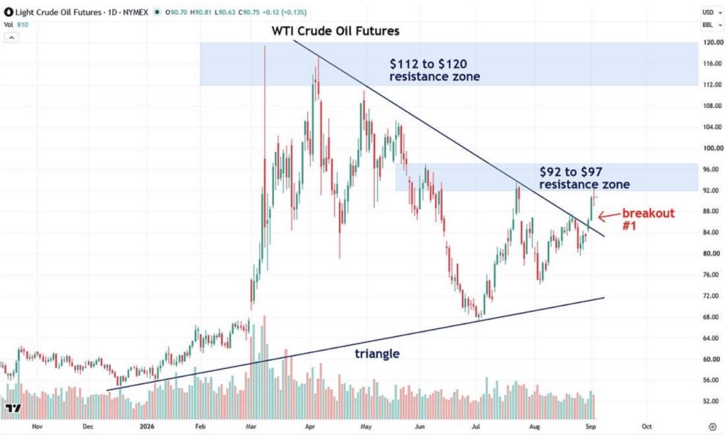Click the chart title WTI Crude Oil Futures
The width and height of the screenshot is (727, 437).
coord(335,31)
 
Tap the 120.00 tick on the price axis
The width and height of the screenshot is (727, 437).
coord(713,42)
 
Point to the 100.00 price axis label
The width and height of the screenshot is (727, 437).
coord(713,148)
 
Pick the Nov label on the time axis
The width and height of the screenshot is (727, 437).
coord(37,426)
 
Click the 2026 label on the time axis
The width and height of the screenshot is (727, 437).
coord(147,426)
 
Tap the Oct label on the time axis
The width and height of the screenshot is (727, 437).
coord(647,426)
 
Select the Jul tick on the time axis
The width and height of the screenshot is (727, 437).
coord(476,426)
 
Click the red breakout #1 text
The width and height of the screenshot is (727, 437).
coord(648,220)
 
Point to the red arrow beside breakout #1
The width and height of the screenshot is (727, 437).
coord(608,216)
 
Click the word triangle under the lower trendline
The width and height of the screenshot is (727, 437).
coord(377,354)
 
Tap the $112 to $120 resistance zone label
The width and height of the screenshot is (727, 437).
coord(434,70)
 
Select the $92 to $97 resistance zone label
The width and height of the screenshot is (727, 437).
coord(584,178)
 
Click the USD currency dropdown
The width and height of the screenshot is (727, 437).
coord(712,13)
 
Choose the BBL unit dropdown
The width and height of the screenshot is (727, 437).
coord(712,25)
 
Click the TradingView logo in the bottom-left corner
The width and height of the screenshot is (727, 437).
coord(13,408)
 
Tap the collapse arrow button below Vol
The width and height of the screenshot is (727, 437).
coord(11,38)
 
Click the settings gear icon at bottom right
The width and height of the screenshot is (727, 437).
coord(713,426)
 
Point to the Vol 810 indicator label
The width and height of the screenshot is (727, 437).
coord(16,25)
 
